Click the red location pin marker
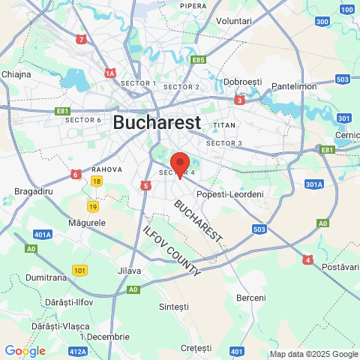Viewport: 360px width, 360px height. pos(180,163)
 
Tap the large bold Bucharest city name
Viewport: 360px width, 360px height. pos(157,122)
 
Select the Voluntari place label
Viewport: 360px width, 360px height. pos(234,21)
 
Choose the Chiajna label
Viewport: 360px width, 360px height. pos(16,74)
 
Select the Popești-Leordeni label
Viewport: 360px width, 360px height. pos(229,194)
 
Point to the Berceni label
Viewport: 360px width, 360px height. pos(250,298)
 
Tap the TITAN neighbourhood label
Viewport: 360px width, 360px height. pos(224,124)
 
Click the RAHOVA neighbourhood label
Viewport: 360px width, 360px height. pos(106,169)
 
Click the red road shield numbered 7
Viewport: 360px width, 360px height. pos(81,38)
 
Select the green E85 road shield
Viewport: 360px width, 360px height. pos(198,59)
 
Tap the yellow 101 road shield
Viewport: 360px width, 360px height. pos(79,270)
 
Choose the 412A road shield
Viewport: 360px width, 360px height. pos(77,350)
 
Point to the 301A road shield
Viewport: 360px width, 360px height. pos(314,184)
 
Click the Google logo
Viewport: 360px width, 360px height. pos(25,350)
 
